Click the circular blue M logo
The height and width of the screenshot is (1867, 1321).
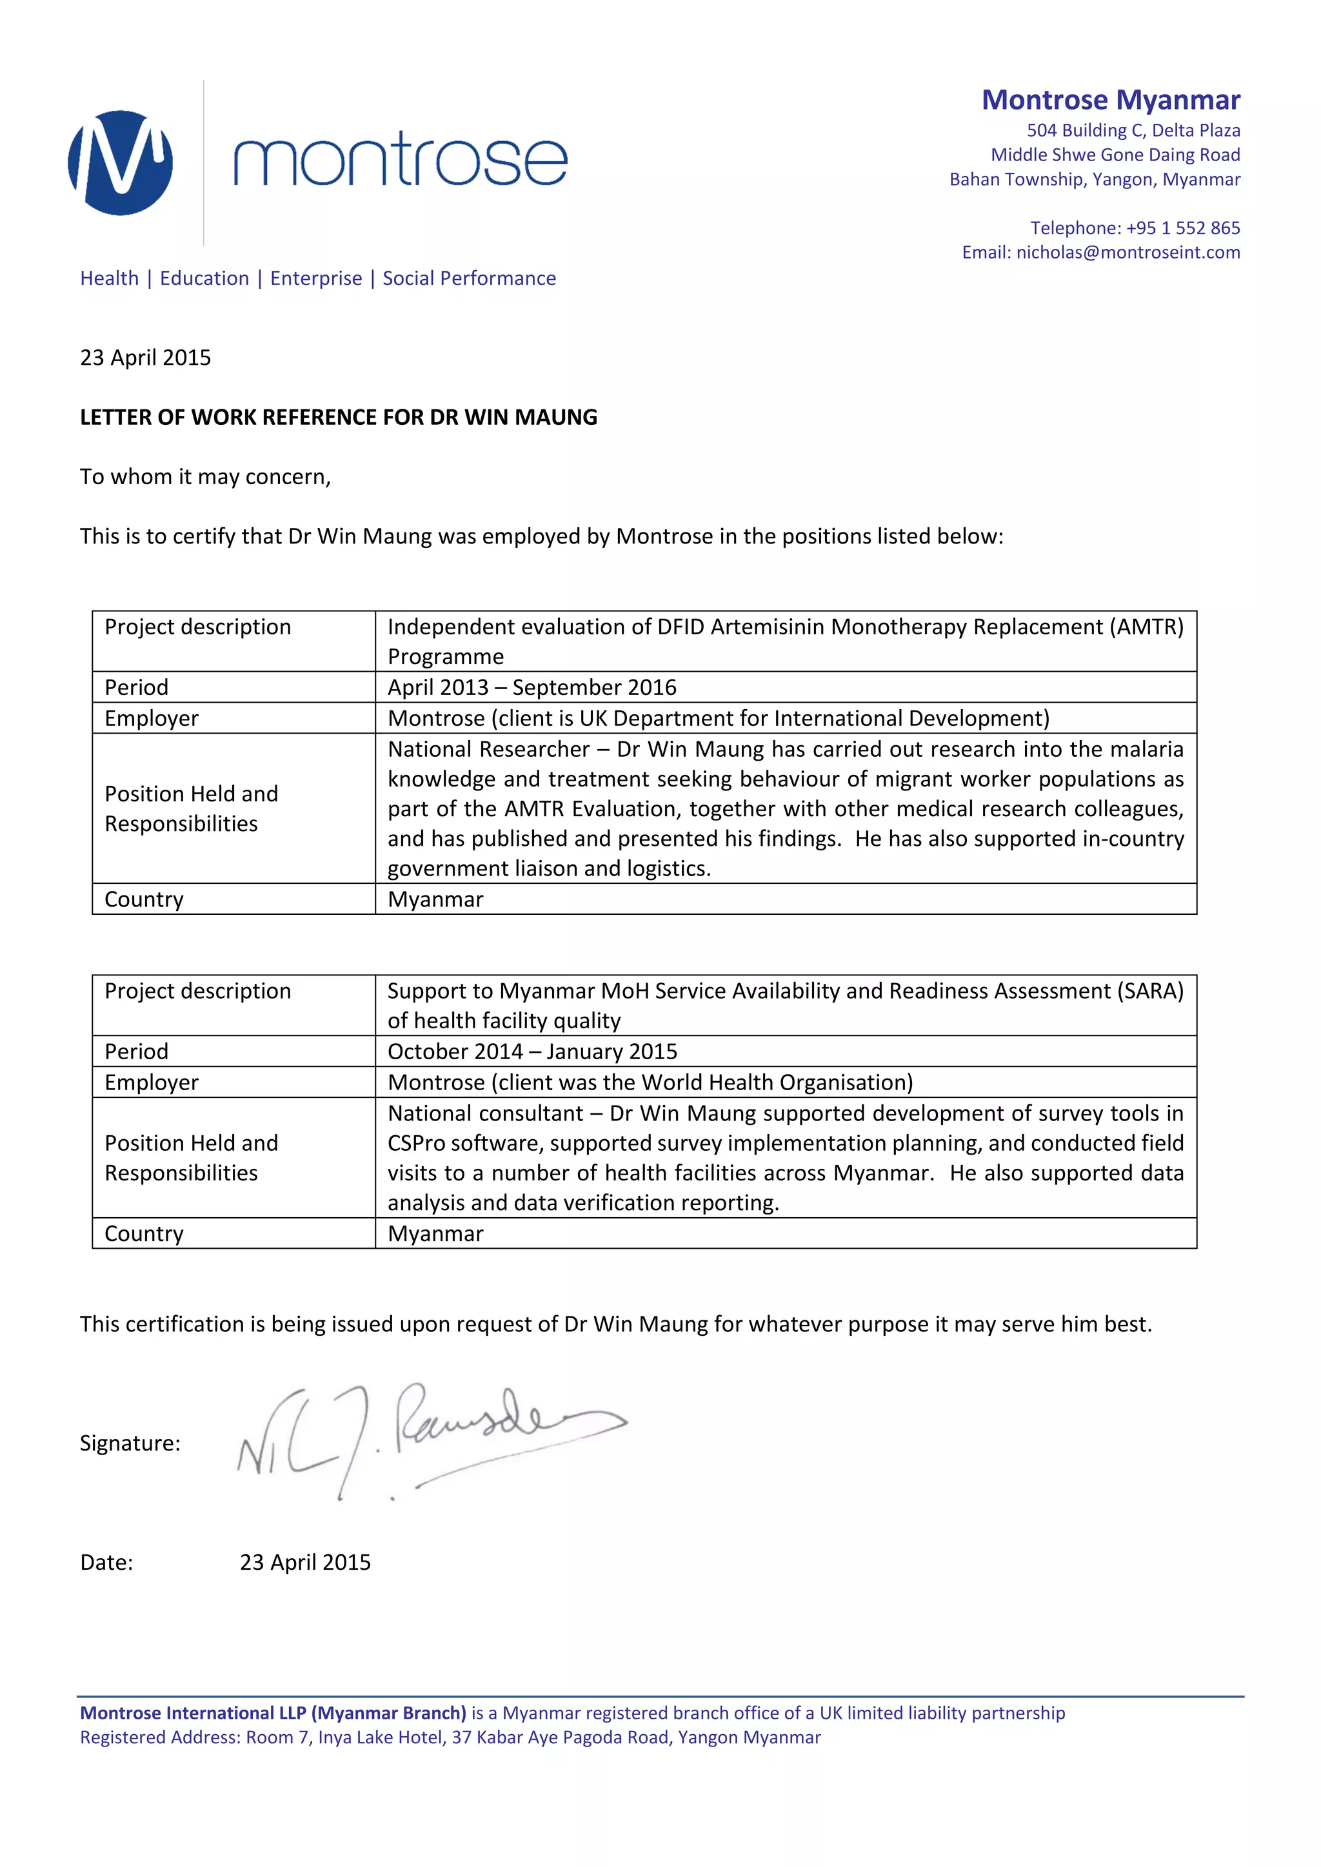[x=121, y=162]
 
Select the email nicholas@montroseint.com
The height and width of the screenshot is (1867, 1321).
[x=1127, y=252]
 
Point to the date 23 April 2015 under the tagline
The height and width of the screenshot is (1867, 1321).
[x=146, y=358]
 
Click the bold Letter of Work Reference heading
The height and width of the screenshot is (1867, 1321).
[x=339, y=417]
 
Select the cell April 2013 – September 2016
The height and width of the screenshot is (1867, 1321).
[x=532, y=687]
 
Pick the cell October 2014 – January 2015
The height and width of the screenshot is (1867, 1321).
[x=532, y=1051]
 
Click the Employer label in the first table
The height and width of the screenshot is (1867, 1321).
[x=152, y=718]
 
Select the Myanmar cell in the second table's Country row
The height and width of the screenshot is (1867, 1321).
[x=435, y=1233]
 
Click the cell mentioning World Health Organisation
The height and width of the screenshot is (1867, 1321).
[x=650, y=1082]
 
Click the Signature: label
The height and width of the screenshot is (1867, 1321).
[x=130, y=1443]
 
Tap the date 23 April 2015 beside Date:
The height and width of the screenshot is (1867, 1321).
[x=305, y=1562]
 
